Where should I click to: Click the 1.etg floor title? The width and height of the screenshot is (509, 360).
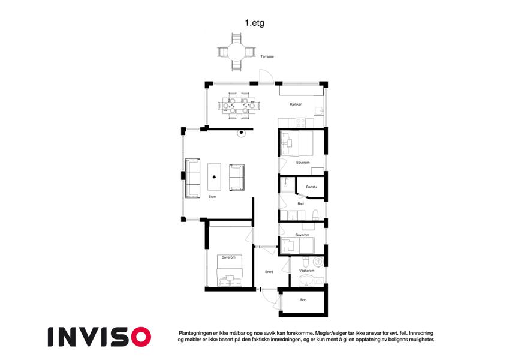coord(254,23)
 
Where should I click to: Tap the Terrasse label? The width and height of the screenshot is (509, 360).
coord(267,56)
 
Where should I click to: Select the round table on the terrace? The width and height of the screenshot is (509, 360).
coord(236,52)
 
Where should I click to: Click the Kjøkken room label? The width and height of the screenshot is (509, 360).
coord(296,104)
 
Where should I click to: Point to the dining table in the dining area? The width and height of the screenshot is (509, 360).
coord(239,106)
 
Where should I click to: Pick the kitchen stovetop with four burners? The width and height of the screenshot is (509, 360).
coord(300,122)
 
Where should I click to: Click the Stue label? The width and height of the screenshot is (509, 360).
coord(212,197)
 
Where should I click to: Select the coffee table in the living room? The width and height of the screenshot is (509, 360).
coord(214,177)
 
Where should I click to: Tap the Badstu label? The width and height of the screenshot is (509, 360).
coord(311,187)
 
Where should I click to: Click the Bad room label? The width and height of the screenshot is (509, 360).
coord(301,204)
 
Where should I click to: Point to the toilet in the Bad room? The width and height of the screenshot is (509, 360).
coord(315,215)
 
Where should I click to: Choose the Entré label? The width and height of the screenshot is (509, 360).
coord(269,272)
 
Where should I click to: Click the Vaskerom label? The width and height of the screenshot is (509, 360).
coord(307,271)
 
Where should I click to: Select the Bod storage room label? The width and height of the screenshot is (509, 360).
coord(303,300)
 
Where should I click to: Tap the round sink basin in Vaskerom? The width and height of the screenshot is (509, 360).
coord(306,281)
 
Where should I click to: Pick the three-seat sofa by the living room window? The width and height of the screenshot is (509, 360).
coord(192,178)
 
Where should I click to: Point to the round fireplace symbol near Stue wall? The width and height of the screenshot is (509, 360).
coord(241,133)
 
